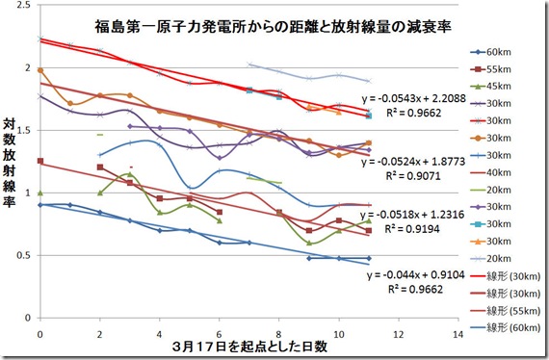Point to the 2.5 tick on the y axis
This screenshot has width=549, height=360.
(x=25, y=7)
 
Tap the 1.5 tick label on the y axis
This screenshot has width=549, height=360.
(x=25, y=130)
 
